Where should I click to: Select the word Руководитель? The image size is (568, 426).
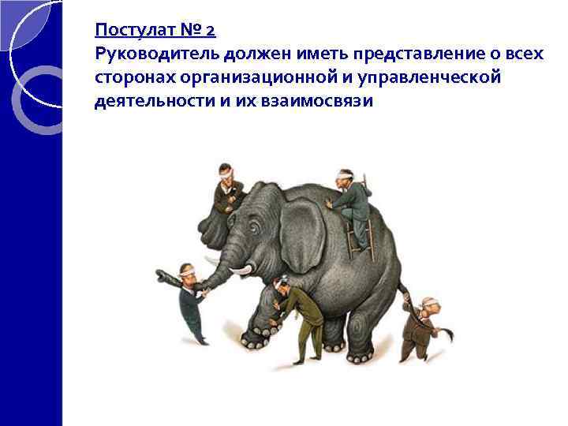156,54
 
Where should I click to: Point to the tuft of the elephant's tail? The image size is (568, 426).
448,334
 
